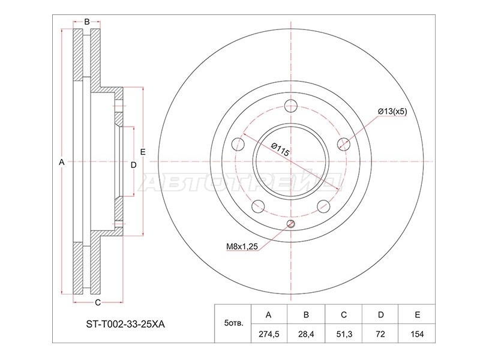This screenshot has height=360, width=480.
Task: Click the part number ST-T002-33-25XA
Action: (x=125, y=325)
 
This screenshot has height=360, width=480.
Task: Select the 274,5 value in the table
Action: (x=269, y=334)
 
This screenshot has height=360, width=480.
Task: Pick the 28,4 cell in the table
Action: (x=306, y=334)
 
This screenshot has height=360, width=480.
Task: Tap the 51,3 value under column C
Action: (x=344, y=334)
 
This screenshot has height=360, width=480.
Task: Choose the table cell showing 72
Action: (x=380, y=334)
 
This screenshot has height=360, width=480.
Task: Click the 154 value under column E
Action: (x=417, y=334)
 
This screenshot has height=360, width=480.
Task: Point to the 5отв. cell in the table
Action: (x=234, y=323)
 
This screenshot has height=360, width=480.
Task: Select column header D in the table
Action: (x=380, y=314)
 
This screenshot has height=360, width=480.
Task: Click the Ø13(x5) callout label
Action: (x=392, y=112)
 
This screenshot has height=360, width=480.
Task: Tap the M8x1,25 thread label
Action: (x=242, y=246)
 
